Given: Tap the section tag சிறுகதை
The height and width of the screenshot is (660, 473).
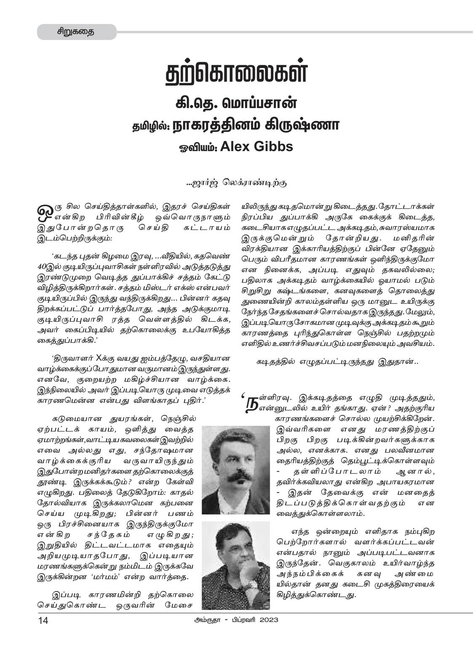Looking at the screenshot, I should point(76,32).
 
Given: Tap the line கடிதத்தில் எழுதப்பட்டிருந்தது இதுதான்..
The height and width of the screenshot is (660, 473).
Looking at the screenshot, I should point(337,361).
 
